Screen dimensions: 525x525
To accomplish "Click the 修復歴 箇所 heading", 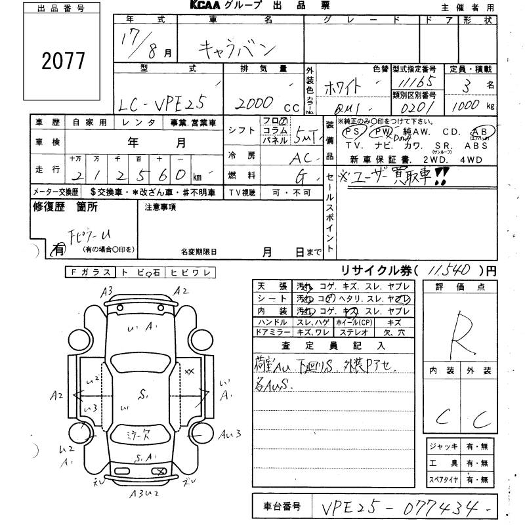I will click(x=65, y=207).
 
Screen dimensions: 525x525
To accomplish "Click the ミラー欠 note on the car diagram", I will click(x=140, y=434).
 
